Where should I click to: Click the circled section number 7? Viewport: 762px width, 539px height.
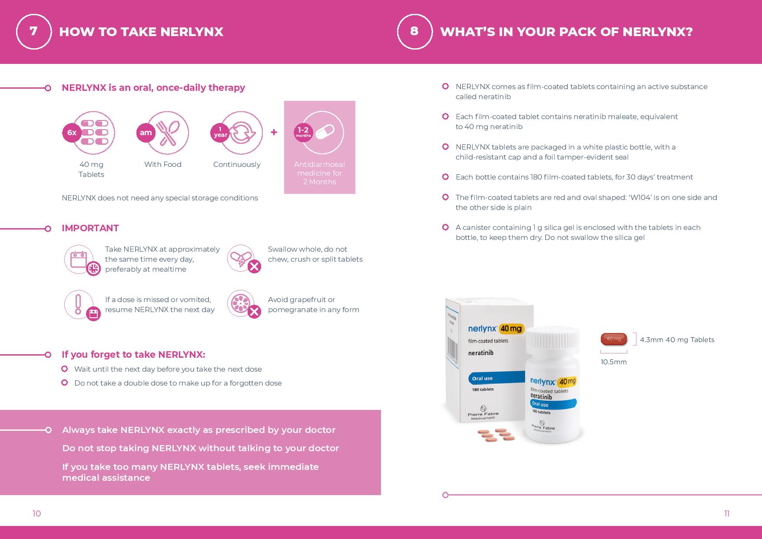click(34, 31)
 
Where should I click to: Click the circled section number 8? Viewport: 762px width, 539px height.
click(414, 31)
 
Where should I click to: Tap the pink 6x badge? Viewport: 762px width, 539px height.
click(72, 133)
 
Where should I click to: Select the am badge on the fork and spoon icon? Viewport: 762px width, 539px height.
click(146, 133)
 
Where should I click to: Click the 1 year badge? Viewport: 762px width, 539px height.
click(220, 133)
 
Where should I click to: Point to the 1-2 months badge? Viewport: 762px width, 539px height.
click(303, 132)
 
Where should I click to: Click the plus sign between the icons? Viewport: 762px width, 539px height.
click(274, 132)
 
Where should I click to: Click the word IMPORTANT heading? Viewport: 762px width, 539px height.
click(90, 228)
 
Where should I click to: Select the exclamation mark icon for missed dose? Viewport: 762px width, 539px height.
click(79, 304)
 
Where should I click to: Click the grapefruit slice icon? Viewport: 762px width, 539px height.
click(240, 303)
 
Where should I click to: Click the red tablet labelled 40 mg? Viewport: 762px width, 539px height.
click(613, 339)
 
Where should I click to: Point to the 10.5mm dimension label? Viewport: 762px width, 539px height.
click(613, 362)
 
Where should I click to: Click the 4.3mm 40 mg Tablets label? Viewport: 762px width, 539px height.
click(677, 340)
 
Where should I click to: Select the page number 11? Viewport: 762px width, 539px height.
click(726, 514)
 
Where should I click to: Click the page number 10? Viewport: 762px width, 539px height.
click(36, 514)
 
